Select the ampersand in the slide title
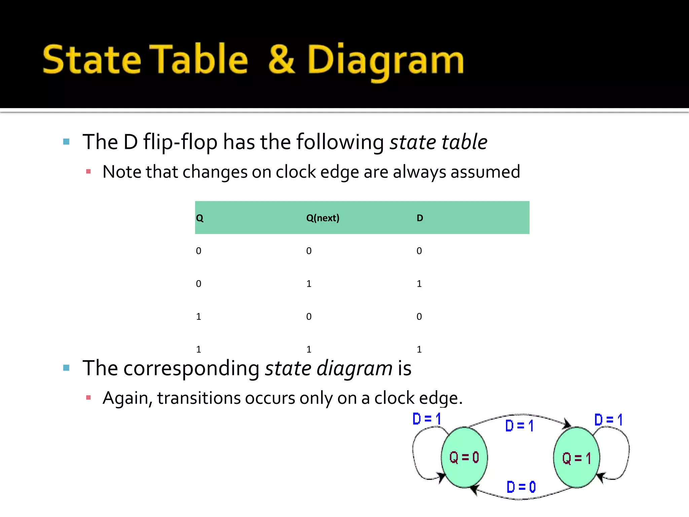click(x=282, y=60)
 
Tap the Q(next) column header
click(x=323, y=218)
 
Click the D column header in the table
click(x=420, y=218)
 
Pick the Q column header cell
click(x=200, y=218)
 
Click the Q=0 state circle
click(x=464, y=457)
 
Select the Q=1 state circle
click(x=576, y=458)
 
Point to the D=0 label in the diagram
click(x=521, y=487)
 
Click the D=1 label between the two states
click(x=519, y=426)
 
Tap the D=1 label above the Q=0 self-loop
click(x=427, y=419)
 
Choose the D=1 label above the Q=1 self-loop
click(x=608, y=420)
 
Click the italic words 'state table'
click(x=438, y=142)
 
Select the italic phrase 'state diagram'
click(x=328, y=368)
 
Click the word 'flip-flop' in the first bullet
click(x=180, y=142)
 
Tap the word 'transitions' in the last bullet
click(x=199, y=398)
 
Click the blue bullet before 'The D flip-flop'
click(x=66, y=142)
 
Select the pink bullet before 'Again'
click(x=88, y=398)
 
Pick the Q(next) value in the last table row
click(x=309, y=349)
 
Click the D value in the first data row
click(x=419, y=251)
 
